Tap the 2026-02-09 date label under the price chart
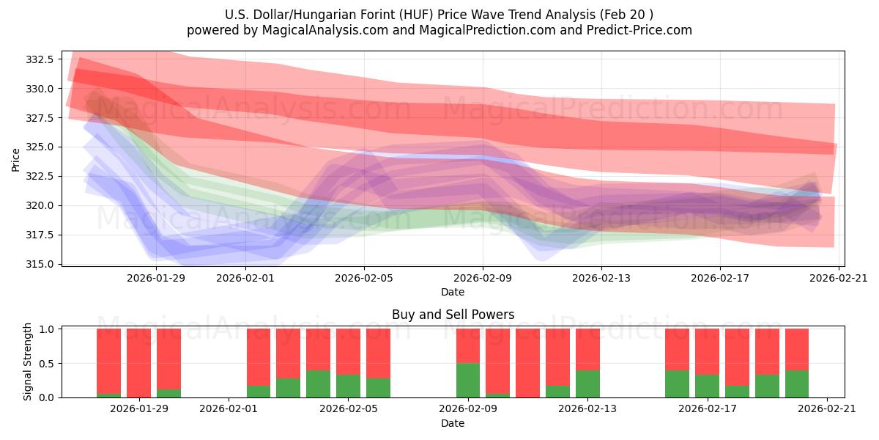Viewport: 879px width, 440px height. pos(483,278)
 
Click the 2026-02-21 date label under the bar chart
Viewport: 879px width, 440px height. pos(827,408)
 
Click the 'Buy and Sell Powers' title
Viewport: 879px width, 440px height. pos(453,315)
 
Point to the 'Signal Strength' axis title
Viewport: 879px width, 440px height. pos(28,362)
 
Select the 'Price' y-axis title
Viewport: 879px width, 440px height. pos(16,159)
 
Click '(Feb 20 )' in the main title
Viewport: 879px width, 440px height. pos(626,14)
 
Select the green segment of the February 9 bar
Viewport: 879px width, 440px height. pos(468,380)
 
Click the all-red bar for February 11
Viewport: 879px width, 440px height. pos(527,363)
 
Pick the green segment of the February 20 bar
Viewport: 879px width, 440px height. pos(797,384)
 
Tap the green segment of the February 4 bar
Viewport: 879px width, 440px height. pos(318,384)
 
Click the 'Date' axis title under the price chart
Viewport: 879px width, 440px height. pos(453,292)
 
